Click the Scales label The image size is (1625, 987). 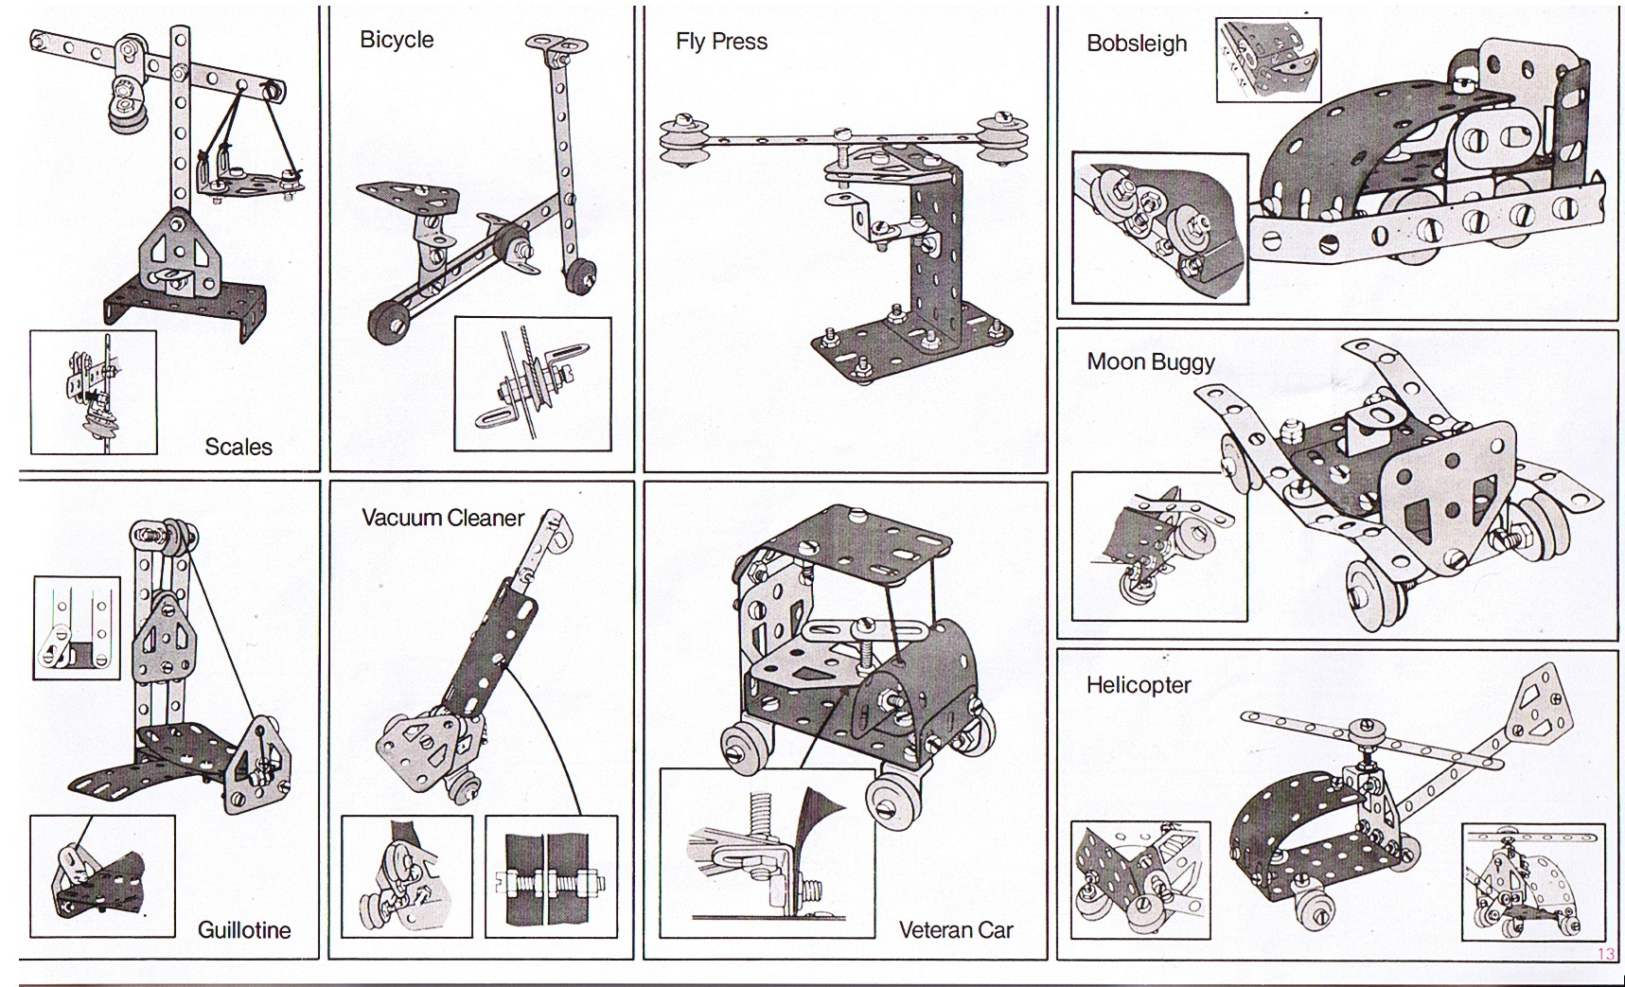pyautogui.click(x=238, y=447)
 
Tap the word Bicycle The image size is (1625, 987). pyautogui.click(x=397, y=40)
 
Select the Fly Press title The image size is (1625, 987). pyautogui.click(x=721, y=42)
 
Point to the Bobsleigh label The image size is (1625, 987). pyautogui.click(x=1137, y=44)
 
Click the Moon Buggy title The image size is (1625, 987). pyautogui.click(x=1151, y=361)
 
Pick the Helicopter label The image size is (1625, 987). pyautogui.click(x=1139, y=685)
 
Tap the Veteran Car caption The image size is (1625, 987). pyautogui.click(x=956, y=930)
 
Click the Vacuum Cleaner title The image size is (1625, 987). pyautogui.click(x=443, y=518)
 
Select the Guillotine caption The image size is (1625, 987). pyautogui.click(x=244, y=930)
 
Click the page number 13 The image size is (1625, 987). pyautogui.click(x=1606, y=953)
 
